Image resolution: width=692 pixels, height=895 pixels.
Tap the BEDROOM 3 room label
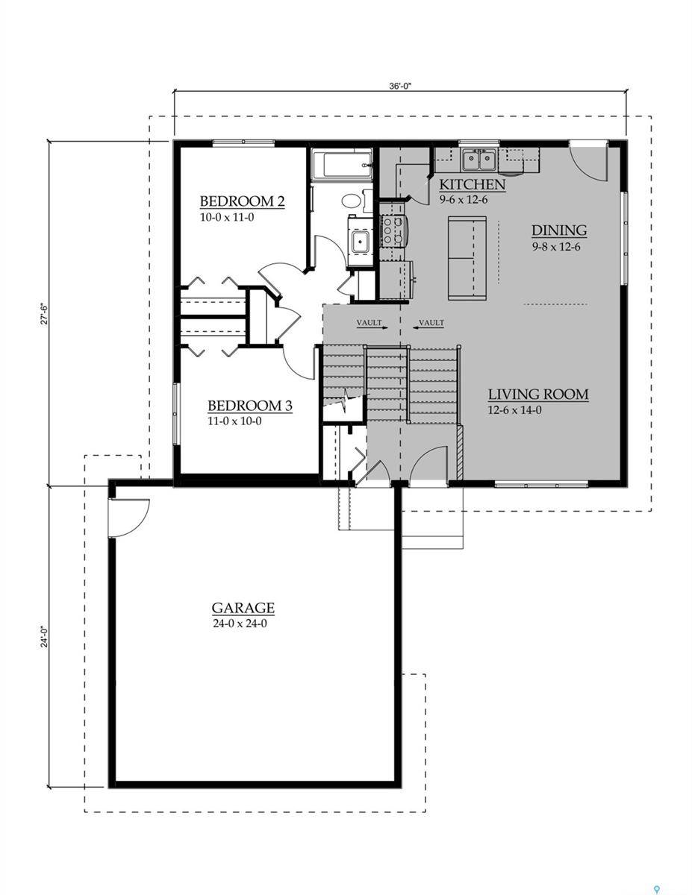click(x=249, y=406)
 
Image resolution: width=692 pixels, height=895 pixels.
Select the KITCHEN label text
click(x=472, y=184)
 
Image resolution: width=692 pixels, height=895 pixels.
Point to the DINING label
click(x=558, y=230)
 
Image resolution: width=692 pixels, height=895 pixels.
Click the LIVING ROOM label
click(x=538, y=395)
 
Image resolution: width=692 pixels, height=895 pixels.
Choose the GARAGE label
click(x=243, y=608)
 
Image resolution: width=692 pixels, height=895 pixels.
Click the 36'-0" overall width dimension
click(x=400, y=86)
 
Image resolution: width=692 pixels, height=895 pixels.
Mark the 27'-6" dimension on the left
click(x=44, y=314)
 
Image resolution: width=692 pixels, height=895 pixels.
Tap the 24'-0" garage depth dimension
click(x=44, y=638)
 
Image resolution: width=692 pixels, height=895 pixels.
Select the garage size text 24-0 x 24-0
click(x=240, y=624)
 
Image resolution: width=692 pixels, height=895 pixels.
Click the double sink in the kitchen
click(x=479, y=160)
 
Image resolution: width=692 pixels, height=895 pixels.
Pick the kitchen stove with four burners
click(x=393, y=230)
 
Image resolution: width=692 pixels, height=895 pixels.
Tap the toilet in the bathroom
click(x=352, y=201)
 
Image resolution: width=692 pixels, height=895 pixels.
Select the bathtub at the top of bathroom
click(x=341, y=165)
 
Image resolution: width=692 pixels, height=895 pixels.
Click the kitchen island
click(x=467, y=257)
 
